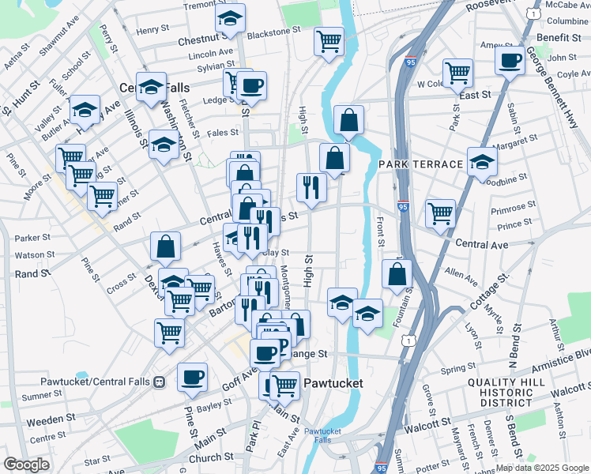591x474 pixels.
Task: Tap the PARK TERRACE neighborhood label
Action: [420, 164]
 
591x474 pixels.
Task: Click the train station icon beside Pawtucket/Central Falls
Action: [160, 382]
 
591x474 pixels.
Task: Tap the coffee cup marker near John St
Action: [510, 59]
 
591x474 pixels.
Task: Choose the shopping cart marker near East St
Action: [458, 73]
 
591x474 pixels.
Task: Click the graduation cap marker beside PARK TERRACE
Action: [482, 162]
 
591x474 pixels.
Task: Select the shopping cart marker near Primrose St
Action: [440, 213]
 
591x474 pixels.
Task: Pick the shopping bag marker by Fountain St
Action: [397, 274]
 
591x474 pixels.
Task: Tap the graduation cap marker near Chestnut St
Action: [230, 19]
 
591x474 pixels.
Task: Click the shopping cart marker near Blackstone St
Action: [329, 40]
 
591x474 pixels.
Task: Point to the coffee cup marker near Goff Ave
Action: [192, 378]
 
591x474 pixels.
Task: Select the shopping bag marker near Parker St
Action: [167, 246]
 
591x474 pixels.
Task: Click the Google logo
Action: [27, 464]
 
